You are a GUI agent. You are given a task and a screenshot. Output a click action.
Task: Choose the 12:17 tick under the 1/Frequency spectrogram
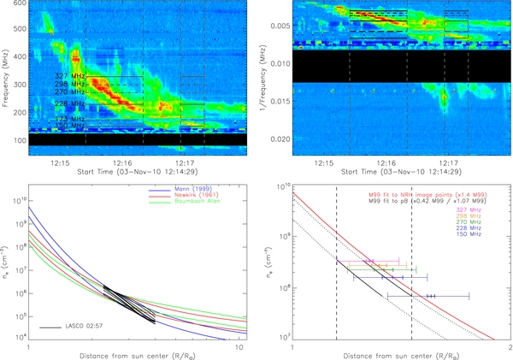pos(446,161)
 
